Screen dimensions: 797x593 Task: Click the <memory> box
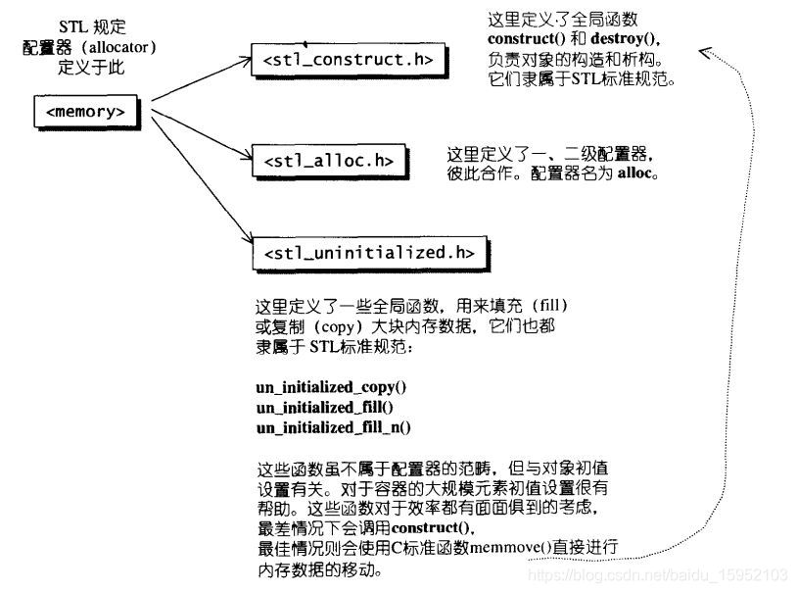(x=85, y=112)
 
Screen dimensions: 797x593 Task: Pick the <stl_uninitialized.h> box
(x=369, y=253)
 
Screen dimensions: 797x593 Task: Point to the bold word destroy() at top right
(x=626, y=39)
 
